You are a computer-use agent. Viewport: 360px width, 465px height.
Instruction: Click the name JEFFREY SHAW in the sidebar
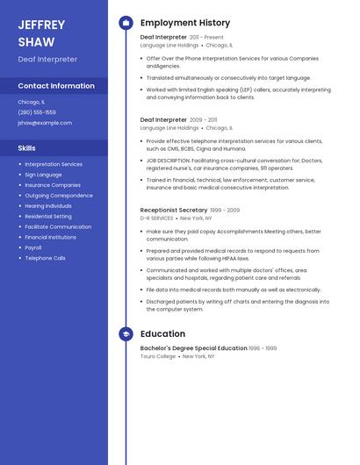point(37,33)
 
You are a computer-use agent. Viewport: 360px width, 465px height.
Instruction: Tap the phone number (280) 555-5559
point(37,112)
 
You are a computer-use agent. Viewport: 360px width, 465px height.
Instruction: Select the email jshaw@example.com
point(45,123)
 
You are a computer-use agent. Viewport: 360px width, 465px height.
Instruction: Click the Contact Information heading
point(56,86)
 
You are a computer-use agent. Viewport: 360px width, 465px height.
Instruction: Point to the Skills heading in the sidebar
point(27,148)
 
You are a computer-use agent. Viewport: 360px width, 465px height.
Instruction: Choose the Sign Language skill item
point(44,175)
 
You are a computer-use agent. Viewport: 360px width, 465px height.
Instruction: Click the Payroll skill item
point(33,247)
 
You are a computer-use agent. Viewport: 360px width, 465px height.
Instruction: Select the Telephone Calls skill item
point(46,258)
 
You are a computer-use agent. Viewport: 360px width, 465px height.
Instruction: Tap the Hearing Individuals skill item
point(48,205)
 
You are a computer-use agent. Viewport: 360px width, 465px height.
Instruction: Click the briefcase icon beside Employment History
point(126,23)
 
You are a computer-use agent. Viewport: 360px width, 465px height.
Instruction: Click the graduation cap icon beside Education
point(126,334)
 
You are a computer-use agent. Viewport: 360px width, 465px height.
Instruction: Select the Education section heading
point(162,334)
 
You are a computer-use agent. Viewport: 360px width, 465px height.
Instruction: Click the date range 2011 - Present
point(206,38)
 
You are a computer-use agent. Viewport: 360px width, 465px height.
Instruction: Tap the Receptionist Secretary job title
point(174,211)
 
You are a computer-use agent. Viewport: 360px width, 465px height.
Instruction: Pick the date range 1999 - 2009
point(225,211)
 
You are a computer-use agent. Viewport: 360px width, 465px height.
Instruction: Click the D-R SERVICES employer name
point(156,218)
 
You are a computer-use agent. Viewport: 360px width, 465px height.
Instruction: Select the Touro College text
point(158,356)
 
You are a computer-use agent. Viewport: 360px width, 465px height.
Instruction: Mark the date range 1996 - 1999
point(263,348)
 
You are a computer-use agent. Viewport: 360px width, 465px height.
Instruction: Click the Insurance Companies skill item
point(53,185)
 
